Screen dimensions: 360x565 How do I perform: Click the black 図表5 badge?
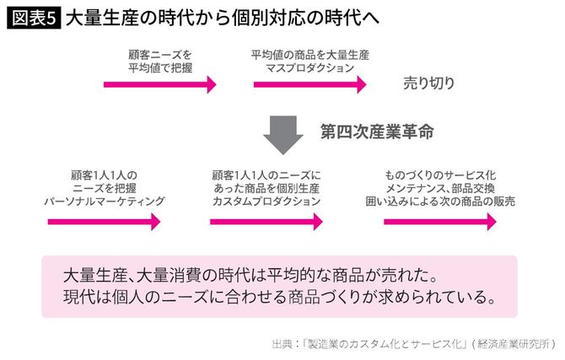point(33,18)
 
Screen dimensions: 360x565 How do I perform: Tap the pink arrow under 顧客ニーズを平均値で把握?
point(160,84)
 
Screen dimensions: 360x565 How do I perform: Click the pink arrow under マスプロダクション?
point(309,84)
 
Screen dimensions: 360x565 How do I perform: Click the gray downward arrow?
point(282,132)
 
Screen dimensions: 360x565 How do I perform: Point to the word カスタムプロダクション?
point(266,201)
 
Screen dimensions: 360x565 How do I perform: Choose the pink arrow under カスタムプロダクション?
point(266,222)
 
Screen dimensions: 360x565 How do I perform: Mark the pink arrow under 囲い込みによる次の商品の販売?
point(439,222)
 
